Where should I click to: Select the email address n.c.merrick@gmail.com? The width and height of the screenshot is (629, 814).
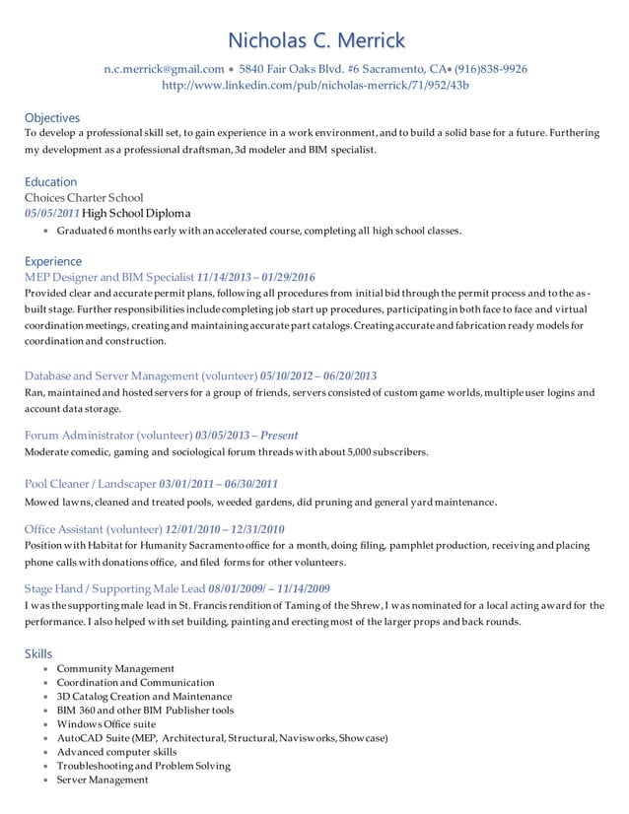tap(165, 69)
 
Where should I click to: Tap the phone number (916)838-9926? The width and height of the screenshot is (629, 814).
tap(490, 69)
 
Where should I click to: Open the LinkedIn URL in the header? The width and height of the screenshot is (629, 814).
tap(314, 85)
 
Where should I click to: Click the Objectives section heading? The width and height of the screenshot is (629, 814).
tap(51, 117)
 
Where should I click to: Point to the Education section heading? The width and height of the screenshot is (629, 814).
tap(50, 181)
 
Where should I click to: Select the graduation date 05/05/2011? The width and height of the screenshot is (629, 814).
tap(52, 213)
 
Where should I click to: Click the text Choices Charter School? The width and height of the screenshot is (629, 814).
tap(83, 197)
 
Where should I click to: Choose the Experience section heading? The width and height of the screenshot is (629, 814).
tap(52, 261)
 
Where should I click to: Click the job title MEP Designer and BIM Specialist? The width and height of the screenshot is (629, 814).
tap(108, 277)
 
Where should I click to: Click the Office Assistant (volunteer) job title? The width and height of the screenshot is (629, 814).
tap(93, 528)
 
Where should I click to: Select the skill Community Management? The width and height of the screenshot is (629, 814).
tap(115, 668)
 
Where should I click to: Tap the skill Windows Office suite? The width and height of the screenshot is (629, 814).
tap(106, 723)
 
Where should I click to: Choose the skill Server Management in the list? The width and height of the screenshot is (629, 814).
tap(103, 780)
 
